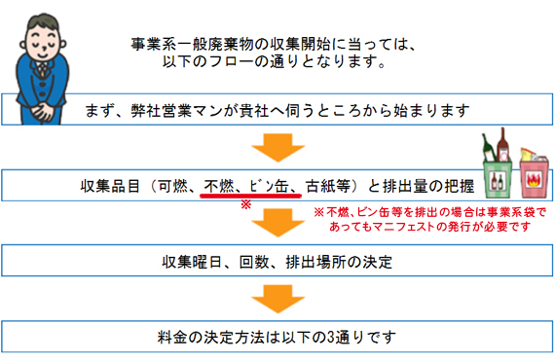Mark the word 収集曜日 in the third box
click(x=196, y=261)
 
